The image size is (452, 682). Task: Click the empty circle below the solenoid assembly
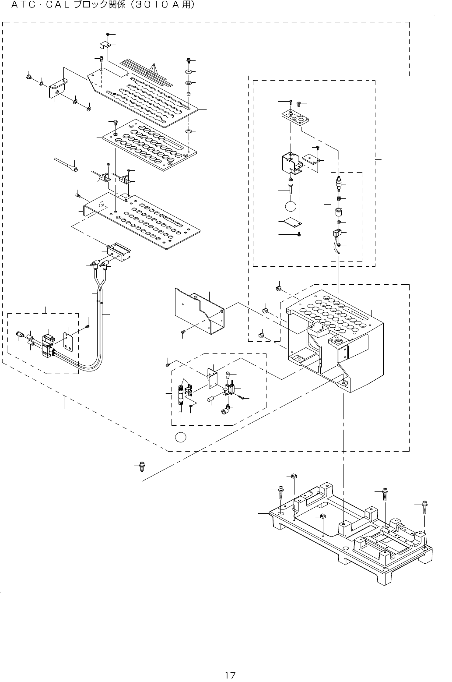click(291, 206)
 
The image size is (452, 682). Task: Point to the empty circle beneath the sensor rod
click(181, 437)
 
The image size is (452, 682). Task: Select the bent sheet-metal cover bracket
click(199, 311)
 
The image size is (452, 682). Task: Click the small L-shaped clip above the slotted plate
click(104, 45)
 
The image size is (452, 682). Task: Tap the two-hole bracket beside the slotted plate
click(58, 88)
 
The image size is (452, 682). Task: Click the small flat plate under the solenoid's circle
click(292, 223)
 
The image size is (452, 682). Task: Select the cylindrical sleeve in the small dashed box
click(338, 213)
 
